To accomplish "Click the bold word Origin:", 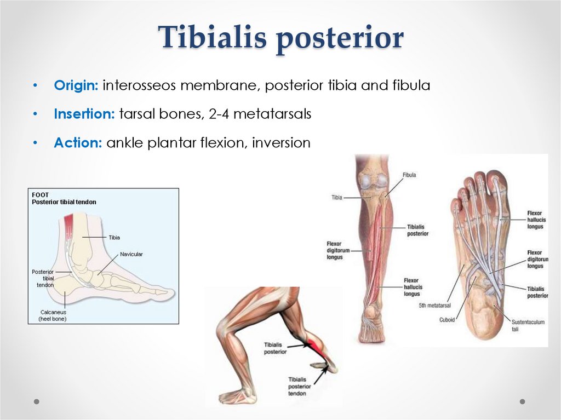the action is coord(76,85).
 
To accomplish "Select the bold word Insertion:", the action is coord(84,114).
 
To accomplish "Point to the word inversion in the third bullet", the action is coord(281,143).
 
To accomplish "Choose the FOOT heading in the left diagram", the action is coord(40,195).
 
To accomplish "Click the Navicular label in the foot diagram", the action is coord(131,254).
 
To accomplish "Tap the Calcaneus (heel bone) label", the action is coord(52,315).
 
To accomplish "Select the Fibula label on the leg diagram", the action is coord(409,175).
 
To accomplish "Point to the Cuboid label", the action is coord(446,320).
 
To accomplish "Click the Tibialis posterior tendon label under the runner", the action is coord(298,386).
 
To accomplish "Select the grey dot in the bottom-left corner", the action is coord(37,401).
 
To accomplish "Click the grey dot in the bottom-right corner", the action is coord(522,401).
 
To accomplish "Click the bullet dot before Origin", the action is coord(35,86).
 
